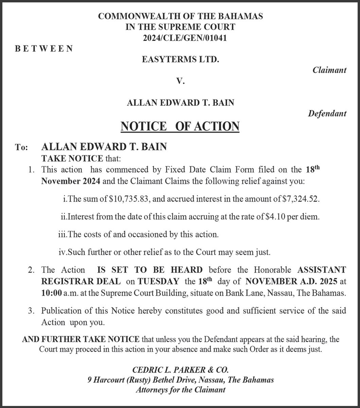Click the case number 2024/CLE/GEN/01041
tap(180, 38)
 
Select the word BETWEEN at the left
tap(44, 49)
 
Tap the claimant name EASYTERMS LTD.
tap(180, 60)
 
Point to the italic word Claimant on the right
tap(329, 70)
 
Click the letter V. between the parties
tap(180, 81)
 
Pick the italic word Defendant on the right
tap(327, 114)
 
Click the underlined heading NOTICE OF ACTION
tap(180, 126)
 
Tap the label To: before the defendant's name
tap(21, 147)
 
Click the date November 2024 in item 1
tap(71, 181)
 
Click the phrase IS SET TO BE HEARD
tap(150, 270)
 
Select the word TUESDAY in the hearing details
tap(158, 282)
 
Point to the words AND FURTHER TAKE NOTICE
tap(81, 339)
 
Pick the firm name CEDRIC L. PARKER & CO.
tap(180, 370)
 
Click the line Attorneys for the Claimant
tap(180, 390)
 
